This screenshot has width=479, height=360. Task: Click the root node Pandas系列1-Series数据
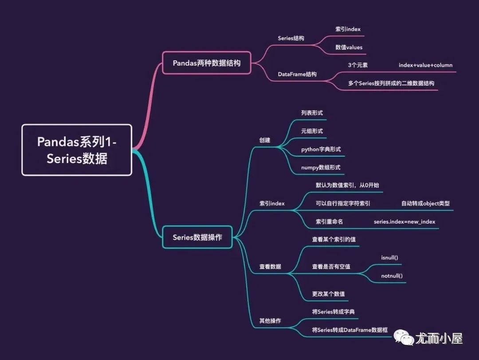click(x=77, y=150)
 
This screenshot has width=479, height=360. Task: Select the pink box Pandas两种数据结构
click(x=207, y=63)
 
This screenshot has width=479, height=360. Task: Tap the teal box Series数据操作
click(x=197, y=237)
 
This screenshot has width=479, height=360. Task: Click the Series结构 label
click(x=291, y=38)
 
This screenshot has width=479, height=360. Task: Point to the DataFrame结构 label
click(x=297, y=74)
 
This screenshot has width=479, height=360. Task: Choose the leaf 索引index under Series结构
click(x=348, y=29)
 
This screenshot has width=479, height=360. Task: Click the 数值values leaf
click(x=349, y=47)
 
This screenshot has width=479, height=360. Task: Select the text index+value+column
click(x=425, y=65)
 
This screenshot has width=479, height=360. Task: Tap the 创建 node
click(x=265, y=140)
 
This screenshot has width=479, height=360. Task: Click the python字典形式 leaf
click(x=321, y=149)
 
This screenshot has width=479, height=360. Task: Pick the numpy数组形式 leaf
click(x=320, y=167)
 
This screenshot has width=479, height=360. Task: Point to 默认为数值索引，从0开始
click(x=347, y=185)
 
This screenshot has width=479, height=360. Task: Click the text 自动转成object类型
click(x=425, y=203)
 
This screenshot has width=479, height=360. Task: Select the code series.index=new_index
click(x=404, y=222)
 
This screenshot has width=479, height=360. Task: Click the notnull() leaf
click(x=392, y=276)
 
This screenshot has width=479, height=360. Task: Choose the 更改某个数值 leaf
click(x=329, y=294)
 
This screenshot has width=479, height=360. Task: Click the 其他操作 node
click(x=270, y=320)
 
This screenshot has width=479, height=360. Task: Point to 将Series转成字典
click(x=334, y=312)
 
